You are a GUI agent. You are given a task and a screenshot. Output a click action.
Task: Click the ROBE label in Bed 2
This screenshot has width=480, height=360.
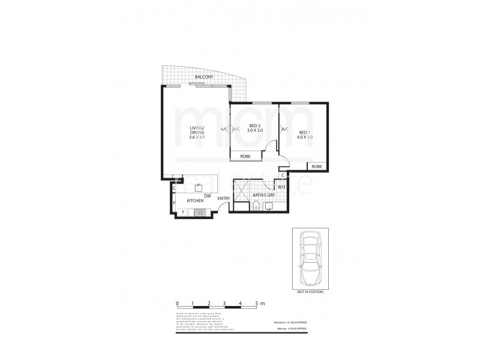245,156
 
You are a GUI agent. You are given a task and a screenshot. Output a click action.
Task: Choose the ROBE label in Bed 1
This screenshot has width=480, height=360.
317,166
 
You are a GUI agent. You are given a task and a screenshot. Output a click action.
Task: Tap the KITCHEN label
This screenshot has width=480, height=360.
196,200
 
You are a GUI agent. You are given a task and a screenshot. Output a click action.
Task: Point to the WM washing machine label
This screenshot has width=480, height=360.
281,187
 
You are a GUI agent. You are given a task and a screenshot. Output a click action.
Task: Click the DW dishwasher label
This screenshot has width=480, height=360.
207,196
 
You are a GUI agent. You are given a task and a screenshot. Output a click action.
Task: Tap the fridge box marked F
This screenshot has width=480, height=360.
183,211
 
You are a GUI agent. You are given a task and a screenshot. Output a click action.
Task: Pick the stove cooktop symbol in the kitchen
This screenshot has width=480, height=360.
199,212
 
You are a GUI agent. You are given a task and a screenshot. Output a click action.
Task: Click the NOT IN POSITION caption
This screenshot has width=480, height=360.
310,291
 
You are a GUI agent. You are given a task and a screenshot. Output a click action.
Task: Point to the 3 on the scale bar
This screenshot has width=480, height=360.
224,304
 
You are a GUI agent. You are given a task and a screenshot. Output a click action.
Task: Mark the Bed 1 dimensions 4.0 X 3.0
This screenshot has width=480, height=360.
305,137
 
